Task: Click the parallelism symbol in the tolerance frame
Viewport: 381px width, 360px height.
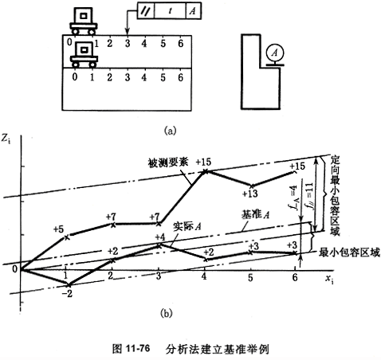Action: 146,11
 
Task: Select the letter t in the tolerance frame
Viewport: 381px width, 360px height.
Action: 171,11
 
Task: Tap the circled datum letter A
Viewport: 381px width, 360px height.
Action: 275,53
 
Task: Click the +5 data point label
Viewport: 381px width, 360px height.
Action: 59,229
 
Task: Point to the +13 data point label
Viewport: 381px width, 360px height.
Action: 250,194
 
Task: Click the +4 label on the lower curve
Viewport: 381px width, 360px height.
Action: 160,237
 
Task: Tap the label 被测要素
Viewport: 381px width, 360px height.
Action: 168,162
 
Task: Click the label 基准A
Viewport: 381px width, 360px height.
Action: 255,214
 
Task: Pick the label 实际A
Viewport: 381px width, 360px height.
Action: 187,226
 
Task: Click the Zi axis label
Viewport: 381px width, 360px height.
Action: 6,139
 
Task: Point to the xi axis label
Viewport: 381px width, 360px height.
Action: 329,280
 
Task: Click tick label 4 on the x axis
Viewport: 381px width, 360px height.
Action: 204,276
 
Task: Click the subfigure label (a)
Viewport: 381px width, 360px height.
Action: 171,131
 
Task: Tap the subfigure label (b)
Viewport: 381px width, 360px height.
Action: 167,314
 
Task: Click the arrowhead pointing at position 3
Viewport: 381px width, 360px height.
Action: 128,33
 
